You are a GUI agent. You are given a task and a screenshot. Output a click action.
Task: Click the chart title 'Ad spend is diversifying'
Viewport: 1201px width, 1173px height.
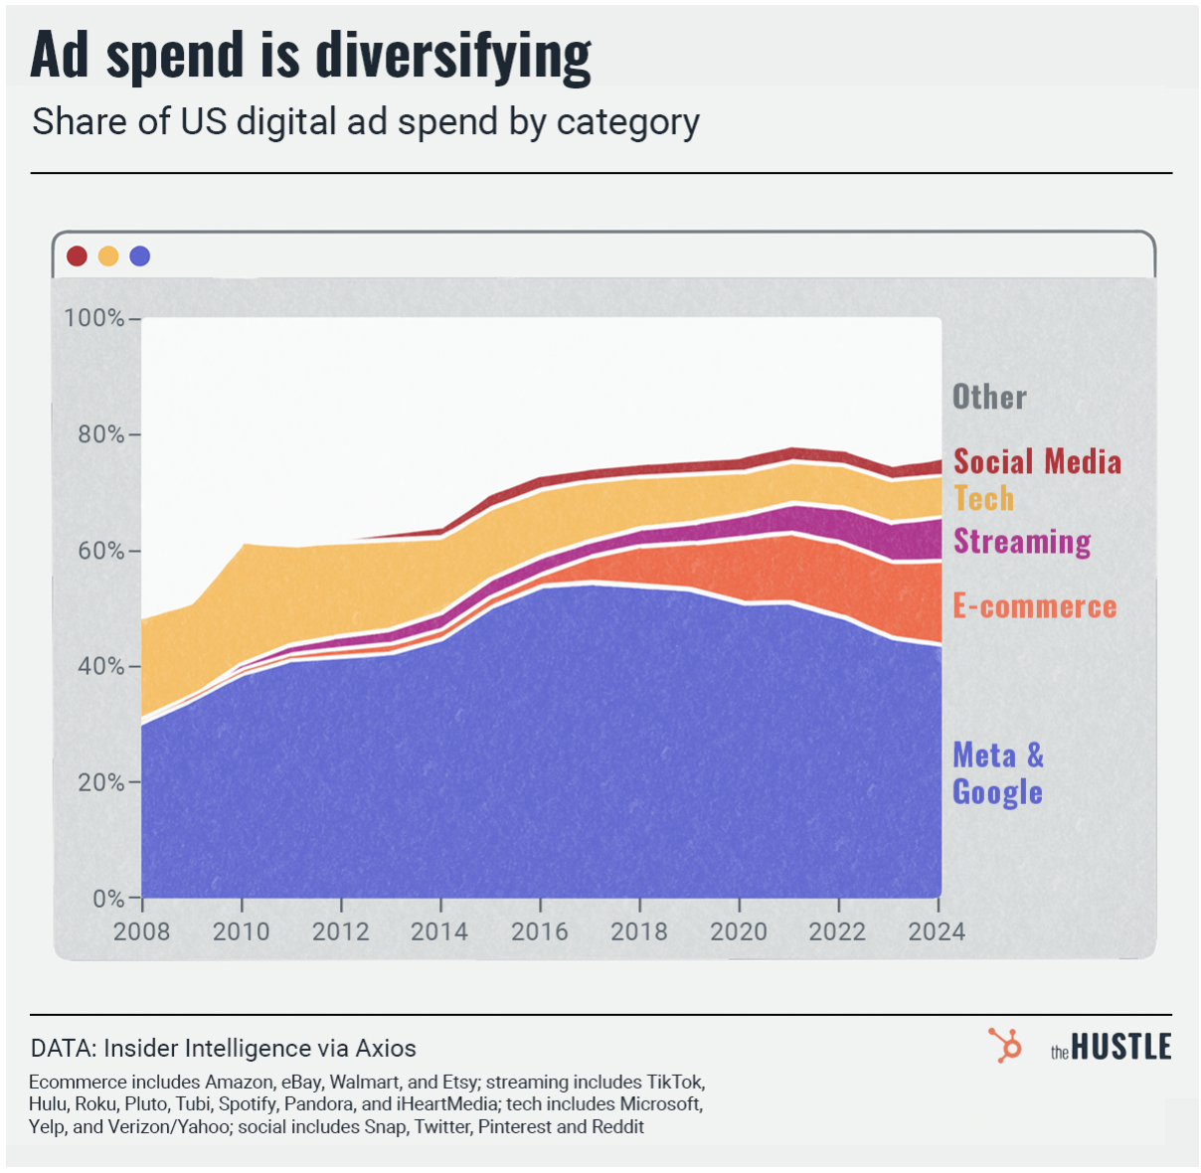point(311,55)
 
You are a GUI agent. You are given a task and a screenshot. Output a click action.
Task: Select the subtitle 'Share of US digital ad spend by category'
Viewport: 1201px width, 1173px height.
point(366,122)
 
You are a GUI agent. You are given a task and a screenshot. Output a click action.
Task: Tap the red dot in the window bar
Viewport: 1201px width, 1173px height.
point(77,256)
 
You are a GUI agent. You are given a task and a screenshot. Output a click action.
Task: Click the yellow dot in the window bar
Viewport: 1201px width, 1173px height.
point(108,256)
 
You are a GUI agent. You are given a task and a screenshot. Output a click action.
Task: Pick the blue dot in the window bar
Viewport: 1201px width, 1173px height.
point(140,256)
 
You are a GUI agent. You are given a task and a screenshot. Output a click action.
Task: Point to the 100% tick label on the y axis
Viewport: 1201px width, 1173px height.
point(93,318)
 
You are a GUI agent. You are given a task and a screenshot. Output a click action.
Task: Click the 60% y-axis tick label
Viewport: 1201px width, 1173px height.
point(98,551)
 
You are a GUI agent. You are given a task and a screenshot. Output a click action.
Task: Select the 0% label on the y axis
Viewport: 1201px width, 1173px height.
point(108,899)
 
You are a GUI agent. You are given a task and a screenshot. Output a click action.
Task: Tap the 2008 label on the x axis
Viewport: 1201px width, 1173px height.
point(142,931)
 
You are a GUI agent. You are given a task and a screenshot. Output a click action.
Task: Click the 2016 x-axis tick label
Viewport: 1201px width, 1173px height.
point(540,931)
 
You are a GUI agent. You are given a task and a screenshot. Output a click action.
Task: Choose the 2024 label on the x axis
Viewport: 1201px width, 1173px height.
point(937,931)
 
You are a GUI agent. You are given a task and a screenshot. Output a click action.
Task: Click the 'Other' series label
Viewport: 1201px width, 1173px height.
point(989,397)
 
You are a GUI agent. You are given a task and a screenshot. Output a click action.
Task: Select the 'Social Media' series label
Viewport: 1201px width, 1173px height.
point(1037,461)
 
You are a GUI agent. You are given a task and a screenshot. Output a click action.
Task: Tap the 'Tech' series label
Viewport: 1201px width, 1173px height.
point(984,498)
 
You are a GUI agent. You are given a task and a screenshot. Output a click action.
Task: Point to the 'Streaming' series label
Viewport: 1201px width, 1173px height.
point(1022,541)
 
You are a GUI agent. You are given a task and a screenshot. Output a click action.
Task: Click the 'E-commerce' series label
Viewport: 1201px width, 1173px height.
point(1035,606)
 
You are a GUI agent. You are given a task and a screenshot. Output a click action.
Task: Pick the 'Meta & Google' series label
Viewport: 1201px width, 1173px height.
point(998,773)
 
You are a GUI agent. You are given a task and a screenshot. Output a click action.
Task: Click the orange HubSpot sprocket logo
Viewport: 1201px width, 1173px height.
point(1005,1046)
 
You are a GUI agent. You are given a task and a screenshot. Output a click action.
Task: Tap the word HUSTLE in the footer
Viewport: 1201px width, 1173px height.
point(1120,1048)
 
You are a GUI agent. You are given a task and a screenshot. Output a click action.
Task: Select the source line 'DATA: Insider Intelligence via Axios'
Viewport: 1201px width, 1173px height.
point(224,1049)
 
